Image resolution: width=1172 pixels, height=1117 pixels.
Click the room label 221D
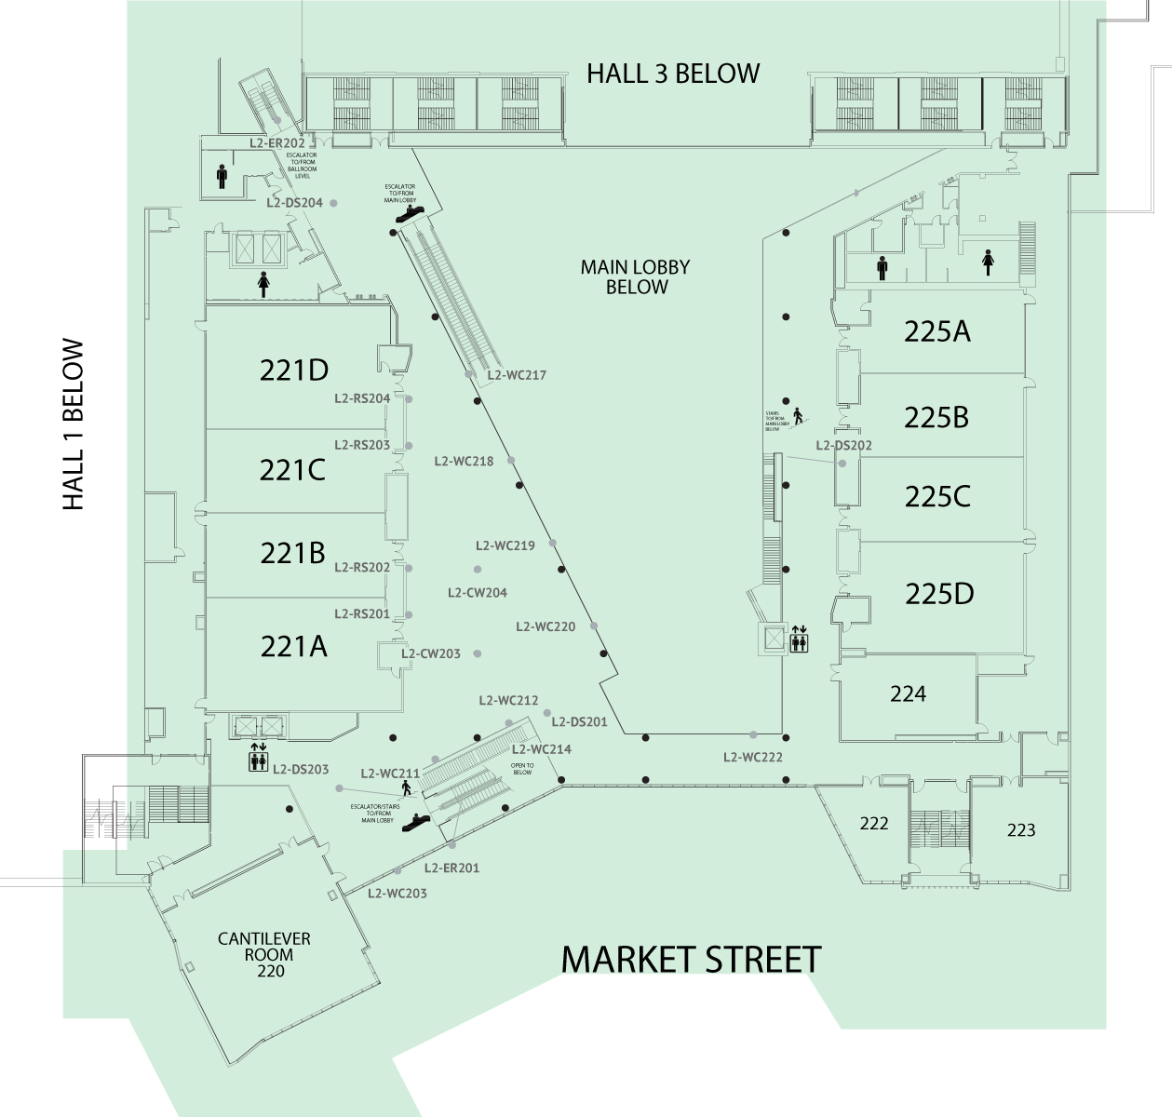[x=294, y=370]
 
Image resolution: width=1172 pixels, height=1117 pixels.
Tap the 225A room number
[x=936, y=331]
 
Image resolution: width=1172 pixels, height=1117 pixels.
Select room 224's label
[x=908, y=693]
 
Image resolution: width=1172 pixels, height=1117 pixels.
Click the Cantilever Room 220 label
[x=263, y=954]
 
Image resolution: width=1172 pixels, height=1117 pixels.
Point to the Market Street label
[x=692, y=959]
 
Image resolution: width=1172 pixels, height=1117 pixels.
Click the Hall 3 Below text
[x=673, y=74]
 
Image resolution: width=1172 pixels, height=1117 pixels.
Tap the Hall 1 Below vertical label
[x=74, y=425]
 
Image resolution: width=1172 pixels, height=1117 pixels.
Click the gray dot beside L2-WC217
[x=469, y=375]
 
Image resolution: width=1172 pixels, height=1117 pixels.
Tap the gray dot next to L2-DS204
[x=333, y=203]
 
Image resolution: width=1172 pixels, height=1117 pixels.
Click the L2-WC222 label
[x=753, y=757]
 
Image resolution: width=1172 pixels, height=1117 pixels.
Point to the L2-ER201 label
[x=451, y=868]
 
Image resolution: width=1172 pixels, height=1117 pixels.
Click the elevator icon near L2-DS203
[x=258, y=758]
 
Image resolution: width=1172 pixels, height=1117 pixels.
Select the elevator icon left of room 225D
[x=799, y=639]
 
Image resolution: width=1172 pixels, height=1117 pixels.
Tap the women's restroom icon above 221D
[x=263, y=284]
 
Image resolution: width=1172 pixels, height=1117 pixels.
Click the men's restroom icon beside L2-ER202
[x=222, y=176]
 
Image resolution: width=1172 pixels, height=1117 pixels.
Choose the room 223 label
[x=1021, y=829]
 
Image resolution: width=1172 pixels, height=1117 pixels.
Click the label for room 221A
[x=293, y=645]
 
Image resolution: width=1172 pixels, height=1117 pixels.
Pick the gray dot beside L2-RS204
[x=409, y=399]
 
